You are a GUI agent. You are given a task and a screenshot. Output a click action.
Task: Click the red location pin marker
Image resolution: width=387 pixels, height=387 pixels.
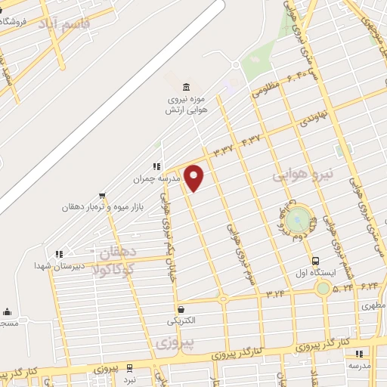pos(194,178)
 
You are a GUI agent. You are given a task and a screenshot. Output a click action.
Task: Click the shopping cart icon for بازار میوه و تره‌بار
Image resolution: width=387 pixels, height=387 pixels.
pos(102,194)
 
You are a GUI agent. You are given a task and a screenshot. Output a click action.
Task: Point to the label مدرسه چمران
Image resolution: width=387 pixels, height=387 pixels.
pos(137,180)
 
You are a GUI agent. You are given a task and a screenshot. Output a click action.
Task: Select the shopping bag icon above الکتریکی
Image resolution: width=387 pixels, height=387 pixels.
pos(181,308)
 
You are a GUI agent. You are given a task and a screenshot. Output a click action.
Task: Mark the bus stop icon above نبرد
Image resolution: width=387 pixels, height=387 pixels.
pos(129,367)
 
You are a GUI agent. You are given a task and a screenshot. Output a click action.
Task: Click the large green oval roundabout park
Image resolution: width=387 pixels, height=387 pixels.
pos(299,220)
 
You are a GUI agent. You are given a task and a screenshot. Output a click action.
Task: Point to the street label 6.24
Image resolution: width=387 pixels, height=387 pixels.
pos(370,286)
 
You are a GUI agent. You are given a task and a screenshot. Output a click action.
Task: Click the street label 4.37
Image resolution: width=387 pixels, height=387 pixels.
pos(250,141)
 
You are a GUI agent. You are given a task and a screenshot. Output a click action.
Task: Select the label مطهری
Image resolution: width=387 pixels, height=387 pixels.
pos(373,306)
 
